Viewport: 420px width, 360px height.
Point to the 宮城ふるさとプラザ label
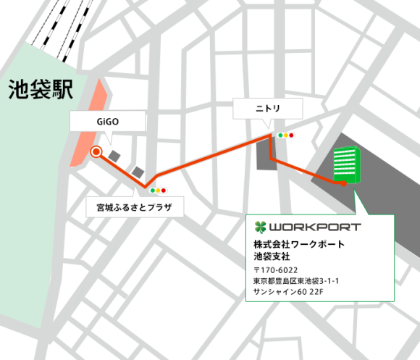pyautogui.click(x=134, y=207)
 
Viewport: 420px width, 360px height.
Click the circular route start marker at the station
pyautogui.click(x=96, y=151)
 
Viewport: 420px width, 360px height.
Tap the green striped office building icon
pyautogui.click(x=346, y=164)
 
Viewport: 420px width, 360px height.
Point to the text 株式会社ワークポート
pyautogui.click(x=298, y=244)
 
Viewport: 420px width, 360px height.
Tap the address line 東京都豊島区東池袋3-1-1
pyautogui.click(x=297, y=282)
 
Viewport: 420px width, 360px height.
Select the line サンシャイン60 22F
pyautogui.click(x=288, y=293)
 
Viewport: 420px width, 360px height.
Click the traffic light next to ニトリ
pyautogui.click(x=287, y=135)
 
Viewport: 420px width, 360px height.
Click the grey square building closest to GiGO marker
pyautogui.click(x=115, y=155)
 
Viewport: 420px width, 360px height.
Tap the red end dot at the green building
pyautogui.click(x=343, y=184)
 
